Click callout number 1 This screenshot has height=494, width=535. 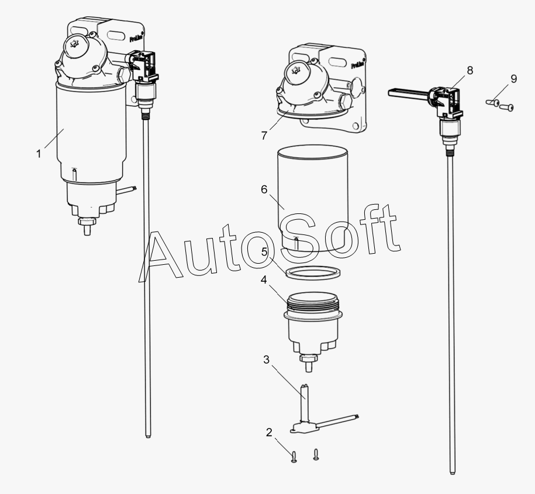point(39,154)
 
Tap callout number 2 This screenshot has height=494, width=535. point(269,433)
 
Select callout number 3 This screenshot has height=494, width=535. point(266,360)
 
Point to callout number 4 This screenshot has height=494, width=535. point(264,280)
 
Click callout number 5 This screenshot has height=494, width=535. point(264,252)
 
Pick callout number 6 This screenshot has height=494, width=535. point(264,189)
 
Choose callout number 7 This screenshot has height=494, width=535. point(264,135)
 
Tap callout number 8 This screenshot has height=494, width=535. point(470,71)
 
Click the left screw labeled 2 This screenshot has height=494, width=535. point(294,458)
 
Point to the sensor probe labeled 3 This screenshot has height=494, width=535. point(304,403)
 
